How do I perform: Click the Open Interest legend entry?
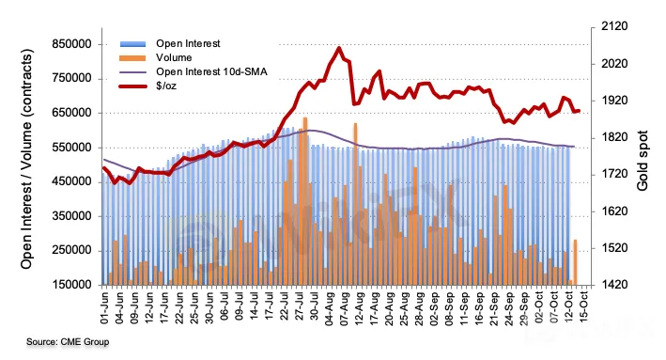pos(170,44)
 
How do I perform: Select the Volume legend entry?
pos(156,57)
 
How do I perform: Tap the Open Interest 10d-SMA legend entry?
pos(194,71)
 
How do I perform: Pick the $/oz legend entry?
pos(148,86)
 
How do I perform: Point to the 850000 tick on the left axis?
pos(71,44)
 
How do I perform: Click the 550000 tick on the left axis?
pos(71,148)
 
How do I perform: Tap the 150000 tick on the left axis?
pos(71,285)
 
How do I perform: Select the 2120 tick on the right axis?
pos(614,26)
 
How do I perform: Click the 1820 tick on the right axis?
pos(614,137)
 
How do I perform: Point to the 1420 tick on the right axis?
pos(614,285)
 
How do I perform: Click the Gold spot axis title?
pos(643,161)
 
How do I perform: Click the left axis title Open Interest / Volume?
pos(26,159)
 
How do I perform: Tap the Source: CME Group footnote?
pos(68,342)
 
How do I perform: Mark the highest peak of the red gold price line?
pos(338,48)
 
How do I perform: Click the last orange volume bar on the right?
pos(575,262)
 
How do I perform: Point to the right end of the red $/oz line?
pos(579,111)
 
